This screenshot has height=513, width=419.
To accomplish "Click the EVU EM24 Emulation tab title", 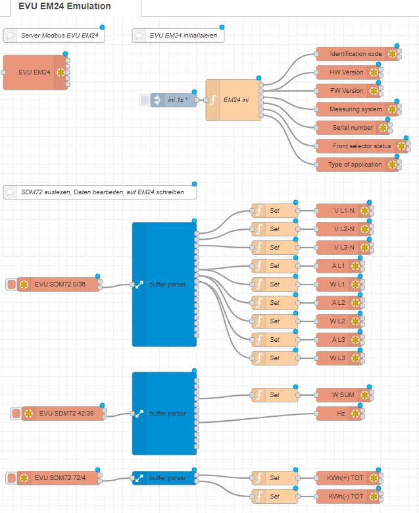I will click(65, 7).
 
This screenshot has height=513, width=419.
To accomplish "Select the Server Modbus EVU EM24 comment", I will click(56, 36).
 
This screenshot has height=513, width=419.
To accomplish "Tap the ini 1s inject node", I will click(174, 100).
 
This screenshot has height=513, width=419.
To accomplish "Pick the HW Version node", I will click(346, 72).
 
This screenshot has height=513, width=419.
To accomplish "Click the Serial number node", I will click(351, 128).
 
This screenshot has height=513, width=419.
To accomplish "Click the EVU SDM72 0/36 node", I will click(60, 284).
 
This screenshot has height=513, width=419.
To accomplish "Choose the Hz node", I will click(341, 414).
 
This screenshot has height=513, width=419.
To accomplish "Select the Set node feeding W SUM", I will click(274, 395).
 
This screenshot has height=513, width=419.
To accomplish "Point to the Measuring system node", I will click(355, 109).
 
